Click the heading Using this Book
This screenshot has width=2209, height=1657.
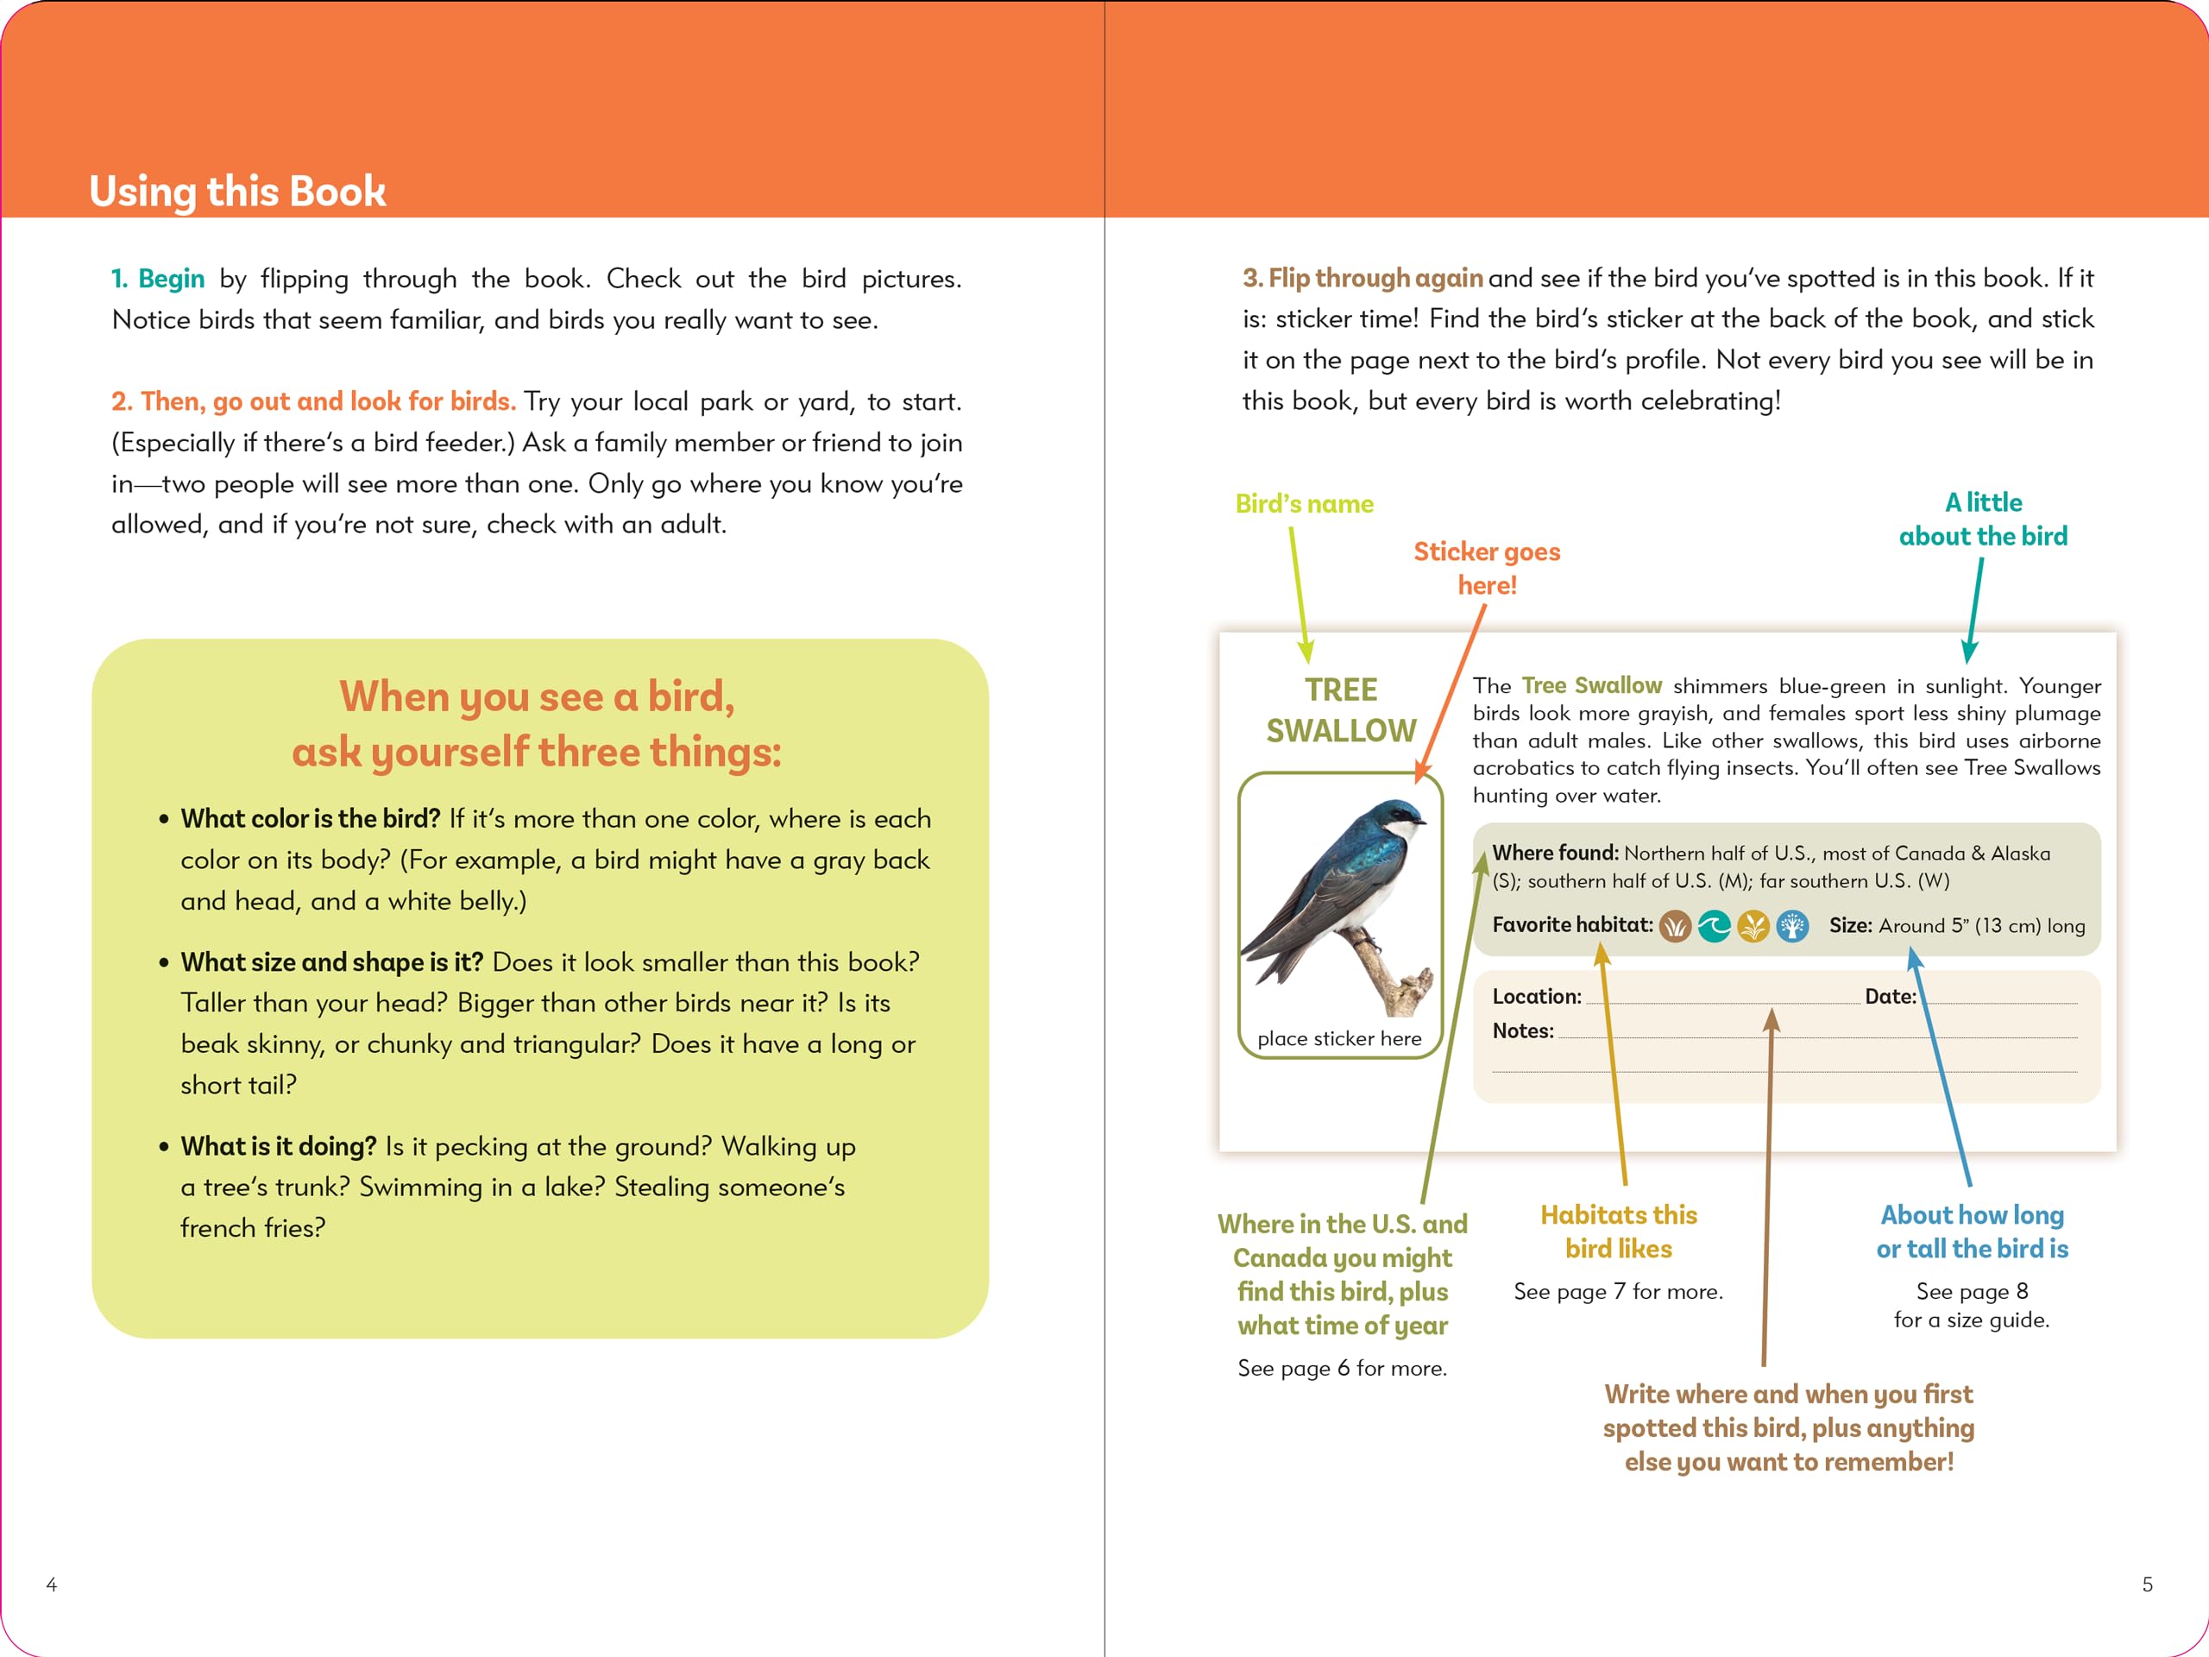(x=236, y=191)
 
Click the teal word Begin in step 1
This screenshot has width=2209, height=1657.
(x=171, y=279)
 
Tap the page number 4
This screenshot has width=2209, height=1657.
(x=52, y=1585)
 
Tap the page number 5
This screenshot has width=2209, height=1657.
(x=2147, y=1585)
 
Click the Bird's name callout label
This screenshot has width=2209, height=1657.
(x=1304, y=503)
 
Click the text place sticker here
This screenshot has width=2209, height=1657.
(x=1339, y=1039)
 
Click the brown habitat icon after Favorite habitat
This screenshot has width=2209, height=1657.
(x=1675, y=927)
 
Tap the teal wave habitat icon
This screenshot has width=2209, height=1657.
(x=1714, y=927)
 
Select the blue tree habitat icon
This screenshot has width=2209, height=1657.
(x=1792, y=927)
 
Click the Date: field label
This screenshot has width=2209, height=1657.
(x=1890, y=996)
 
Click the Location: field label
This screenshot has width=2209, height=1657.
(x=1536, y=996)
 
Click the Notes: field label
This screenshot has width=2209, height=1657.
(x=1522, y=1030)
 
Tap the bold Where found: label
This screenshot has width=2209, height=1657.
(x=1554, y=853)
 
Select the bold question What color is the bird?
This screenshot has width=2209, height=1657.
(x=310, y=818)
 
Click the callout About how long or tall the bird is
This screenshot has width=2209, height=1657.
(x=1972, y=1232)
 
